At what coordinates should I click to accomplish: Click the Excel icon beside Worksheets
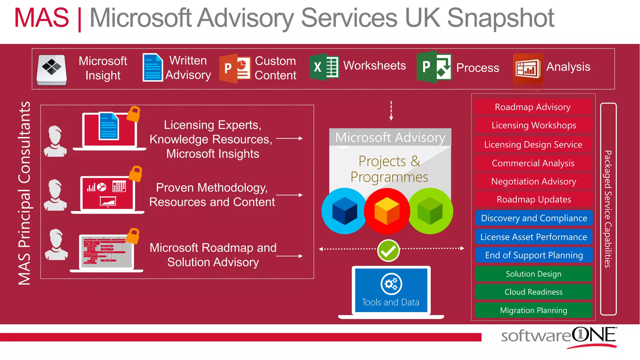324,67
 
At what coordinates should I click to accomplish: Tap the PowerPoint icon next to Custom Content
235,68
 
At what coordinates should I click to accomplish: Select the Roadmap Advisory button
533,107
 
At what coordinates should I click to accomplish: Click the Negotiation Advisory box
533,181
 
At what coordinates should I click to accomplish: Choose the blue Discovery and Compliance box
534,218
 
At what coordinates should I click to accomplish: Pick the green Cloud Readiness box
533,292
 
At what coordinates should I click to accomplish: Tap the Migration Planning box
533,310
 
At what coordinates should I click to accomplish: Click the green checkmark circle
388,250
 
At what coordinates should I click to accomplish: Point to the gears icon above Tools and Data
391,284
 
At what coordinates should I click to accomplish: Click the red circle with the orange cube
387,211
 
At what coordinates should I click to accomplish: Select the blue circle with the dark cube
344,211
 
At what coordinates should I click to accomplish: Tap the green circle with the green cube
430,211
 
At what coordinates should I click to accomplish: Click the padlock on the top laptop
134,114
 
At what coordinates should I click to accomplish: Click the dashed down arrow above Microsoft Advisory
391,111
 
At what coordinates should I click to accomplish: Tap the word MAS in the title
42,18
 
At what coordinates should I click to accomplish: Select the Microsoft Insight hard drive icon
52,70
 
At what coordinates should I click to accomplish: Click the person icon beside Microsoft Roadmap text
56,245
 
